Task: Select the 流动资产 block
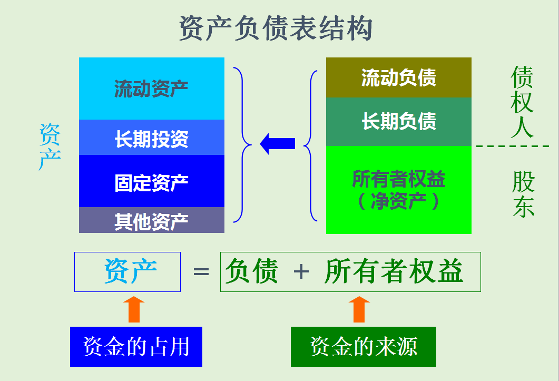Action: pyautogui.click(x=151, y=89)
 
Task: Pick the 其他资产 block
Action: pyautogui.click(x=151, y=220)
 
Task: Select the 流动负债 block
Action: pyautogui.click(x=398, y=77)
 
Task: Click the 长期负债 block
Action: pyautogui.click(x=398, y=122)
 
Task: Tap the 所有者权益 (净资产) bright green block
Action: pyautogui.click(x=398, y=190)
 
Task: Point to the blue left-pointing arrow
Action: pyautogui.click(x=277, y=143)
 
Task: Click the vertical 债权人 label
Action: pyautogui.click(x=522, y=103)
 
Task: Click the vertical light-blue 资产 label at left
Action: pyautogui.click(x=50, y=147)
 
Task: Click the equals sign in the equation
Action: pyautogui.click(x=201, y=272)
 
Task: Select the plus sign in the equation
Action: pyautogui.click(x=301, y=272)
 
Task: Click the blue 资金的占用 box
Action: pyautogui.click(x=136, y=347)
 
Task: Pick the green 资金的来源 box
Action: pyautogui.click(x=363, y=347)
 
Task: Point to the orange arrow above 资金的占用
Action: pyautogui.click(x=134, y=309)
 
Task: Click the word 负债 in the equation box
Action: pyautogui.click(x=251, y=272)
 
